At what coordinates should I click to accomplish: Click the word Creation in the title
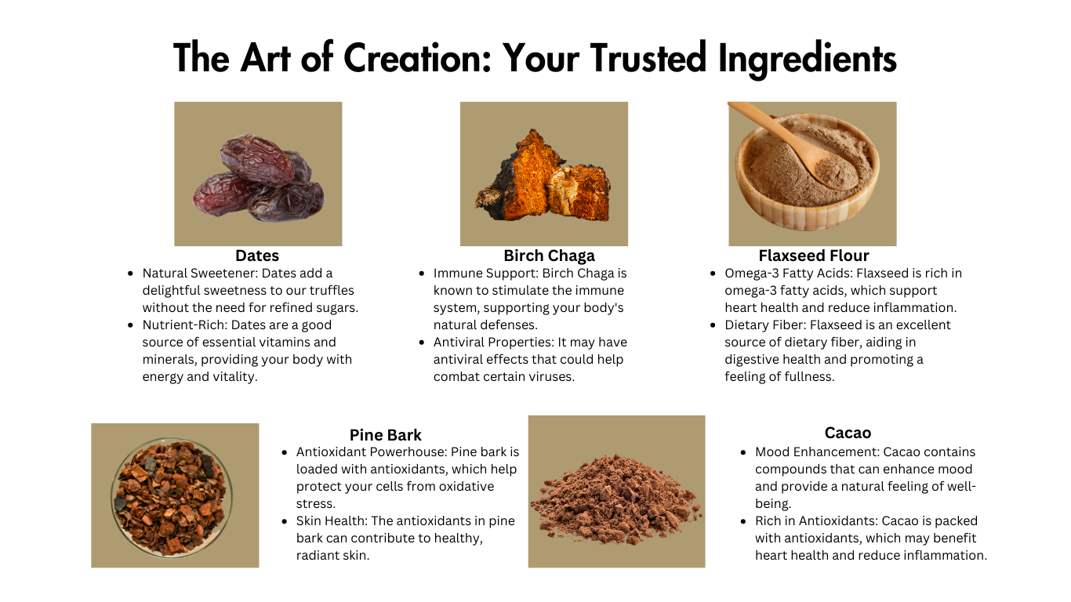417,58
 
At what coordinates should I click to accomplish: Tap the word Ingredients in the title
807,60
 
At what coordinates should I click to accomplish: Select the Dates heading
257,256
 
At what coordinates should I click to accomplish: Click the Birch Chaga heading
550,256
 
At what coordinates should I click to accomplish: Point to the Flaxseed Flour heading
814,256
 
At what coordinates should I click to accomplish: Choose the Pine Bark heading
386,435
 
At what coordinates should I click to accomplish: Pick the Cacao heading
848,433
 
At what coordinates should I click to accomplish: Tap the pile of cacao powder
616,499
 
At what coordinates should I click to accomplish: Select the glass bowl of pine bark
172,497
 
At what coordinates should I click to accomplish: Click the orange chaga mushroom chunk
543,177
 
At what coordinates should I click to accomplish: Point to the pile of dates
258,178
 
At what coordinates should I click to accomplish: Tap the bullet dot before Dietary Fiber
713,325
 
